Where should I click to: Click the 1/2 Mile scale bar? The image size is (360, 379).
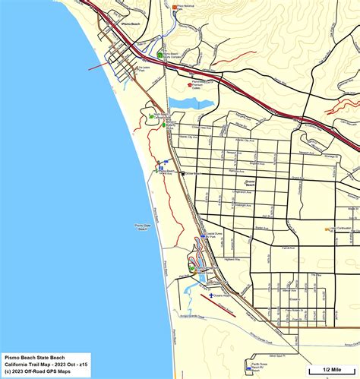(x=332, y=371)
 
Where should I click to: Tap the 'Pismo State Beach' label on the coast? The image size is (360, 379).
(x=145, y=227)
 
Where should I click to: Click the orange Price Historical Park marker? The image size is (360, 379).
(x=175, y=7)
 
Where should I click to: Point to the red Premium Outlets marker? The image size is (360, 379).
(x=190, y=84)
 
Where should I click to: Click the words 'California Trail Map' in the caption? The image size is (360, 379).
(x=28, y=363)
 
